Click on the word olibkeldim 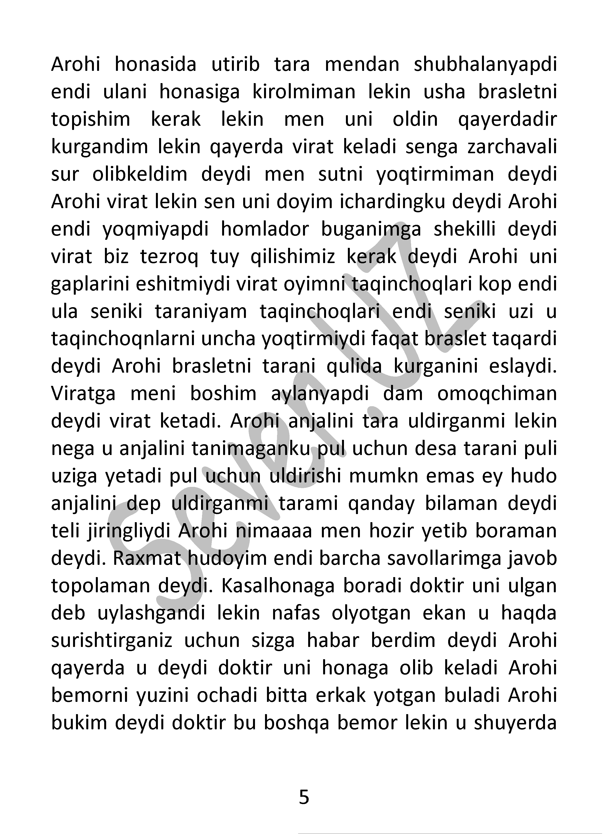(140, 175)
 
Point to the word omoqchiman (497, 394)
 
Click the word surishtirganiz (112, 641)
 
